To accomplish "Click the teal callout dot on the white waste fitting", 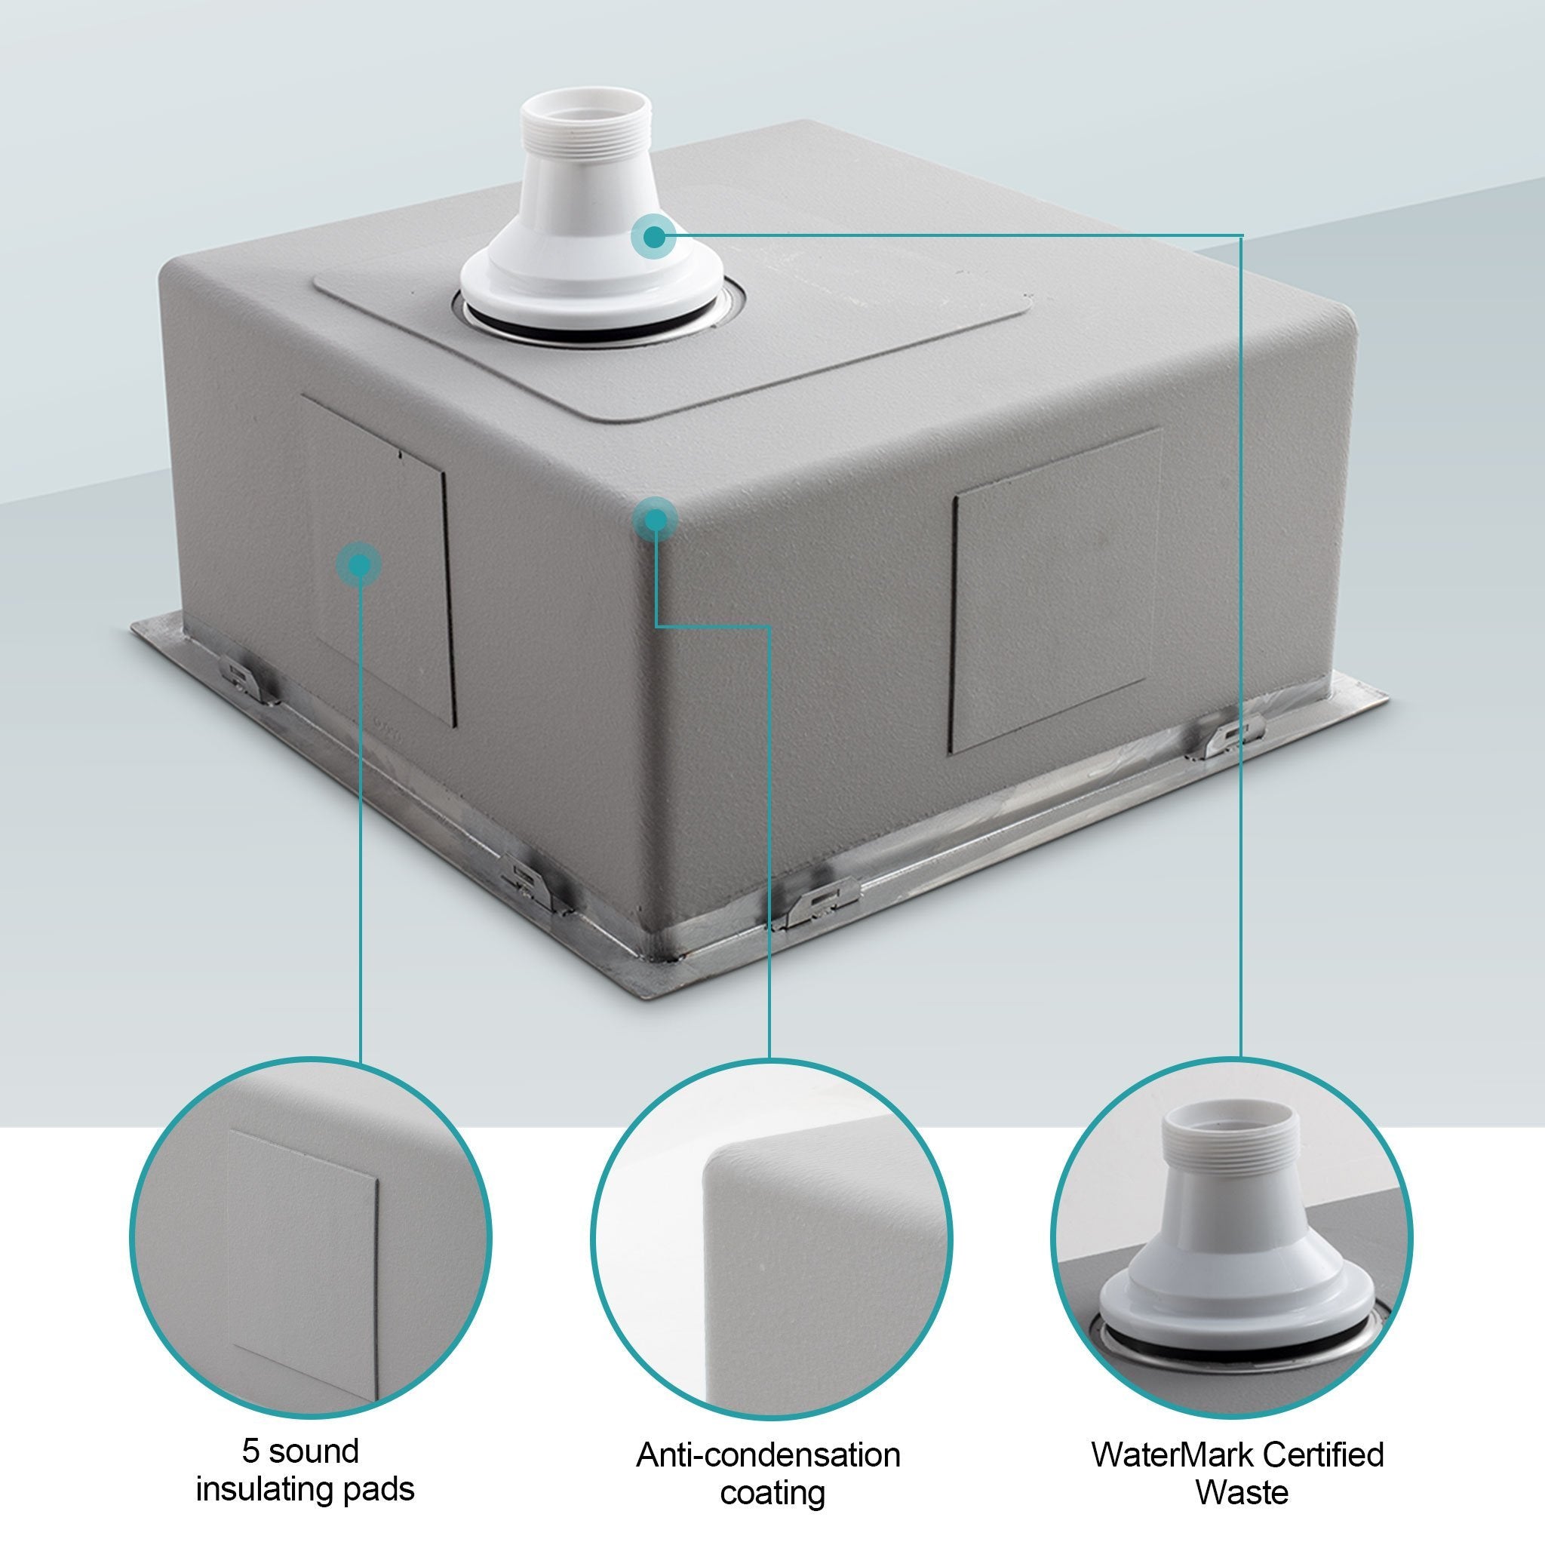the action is (x=654, y=236).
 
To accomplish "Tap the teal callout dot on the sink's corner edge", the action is (x=655, y=520).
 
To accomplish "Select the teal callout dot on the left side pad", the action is (x=359, y=565).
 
